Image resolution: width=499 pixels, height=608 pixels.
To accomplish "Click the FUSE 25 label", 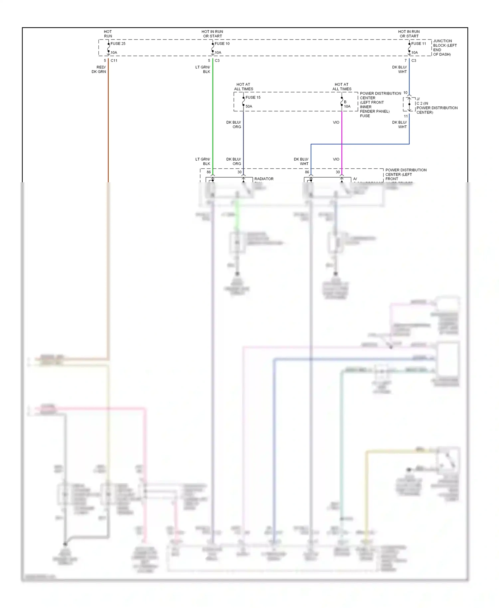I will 118,44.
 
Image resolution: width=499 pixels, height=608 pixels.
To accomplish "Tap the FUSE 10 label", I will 222,44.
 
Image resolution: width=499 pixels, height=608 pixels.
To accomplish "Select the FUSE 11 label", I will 418,44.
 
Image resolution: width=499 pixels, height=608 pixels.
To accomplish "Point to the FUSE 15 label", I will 253,97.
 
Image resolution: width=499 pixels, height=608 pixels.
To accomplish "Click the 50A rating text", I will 249,106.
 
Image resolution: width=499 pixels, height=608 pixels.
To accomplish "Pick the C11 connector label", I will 114,61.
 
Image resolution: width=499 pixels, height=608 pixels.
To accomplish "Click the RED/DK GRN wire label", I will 99,70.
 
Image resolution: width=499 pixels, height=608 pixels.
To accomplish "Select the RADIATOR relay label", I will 264,179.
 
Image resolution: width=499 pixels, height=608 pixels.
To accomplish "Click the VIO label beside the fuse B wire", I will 336,122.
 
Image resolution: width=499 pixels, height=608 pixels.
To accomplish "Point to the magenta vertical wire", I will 342,140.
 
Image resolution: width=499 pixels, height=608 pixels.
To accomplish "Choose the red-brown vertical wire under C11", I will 108,126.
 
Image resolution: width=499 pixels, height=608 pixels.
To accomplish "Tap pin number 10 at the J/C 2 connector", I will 405,93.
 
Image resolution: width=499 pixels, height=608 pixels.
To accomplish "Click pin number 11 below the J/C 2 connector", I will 406,116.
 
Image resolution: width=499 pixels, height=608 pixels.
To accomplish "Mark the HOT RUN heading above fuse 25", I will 108,34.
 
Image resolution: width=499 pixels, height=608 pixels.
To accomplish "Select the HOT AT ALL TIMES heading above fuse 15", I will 244,87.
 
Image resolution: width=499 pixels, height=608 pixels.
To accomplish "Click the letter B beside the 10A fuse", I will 345,102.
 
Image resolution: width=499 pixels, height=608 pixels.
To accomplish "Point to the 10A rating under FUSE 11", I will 415,53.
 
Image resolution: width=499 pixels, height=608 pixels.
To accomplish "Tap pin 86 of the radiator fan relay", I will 209,172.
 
